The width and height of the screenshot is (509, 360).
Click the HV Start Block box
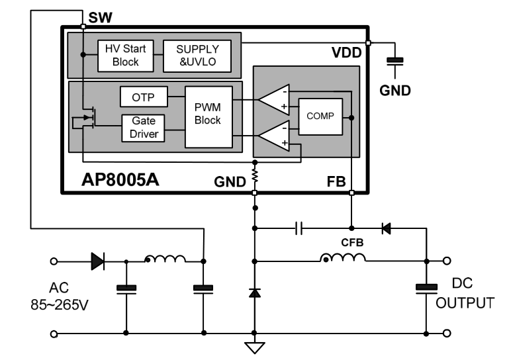[126, 56]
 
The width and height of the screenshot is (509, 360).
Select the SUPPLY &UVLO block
[197, 56]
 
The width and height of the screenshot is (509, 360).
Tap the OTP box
[144, 97]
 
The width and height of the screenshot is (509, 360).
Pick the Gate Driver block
[143, 128]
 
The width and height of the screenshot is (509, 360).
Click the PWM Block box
[208, 117]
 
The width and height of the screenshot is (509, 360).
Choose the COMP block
[320, 116]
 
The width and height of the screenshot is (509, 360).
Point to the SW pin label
[100, 17]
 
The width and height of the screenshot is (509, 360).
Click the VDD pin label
[346, 52]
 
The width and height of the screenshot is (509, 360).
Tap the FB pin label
[336, 182]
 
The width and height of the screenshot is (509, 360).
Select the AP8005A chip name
[120, 179]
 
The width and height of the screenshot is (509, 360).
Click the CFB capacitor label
[352, 242]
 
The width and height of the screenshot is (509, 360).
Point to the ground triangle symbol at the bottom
[254, 347]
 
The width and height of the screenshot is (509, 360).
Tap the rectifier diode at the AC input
[98, 261]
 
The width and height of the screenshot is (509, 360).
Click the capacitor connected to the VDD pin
[394, 62]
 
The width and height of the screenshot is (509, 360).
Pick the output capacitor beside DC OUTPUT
[426, 289]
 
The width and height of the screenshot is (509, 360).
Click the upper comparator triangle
[274, 100]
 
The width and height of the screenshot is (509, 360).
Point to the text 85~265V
[60, 305]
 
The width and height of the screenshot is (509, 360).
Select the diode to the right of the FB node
[386, 228]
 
